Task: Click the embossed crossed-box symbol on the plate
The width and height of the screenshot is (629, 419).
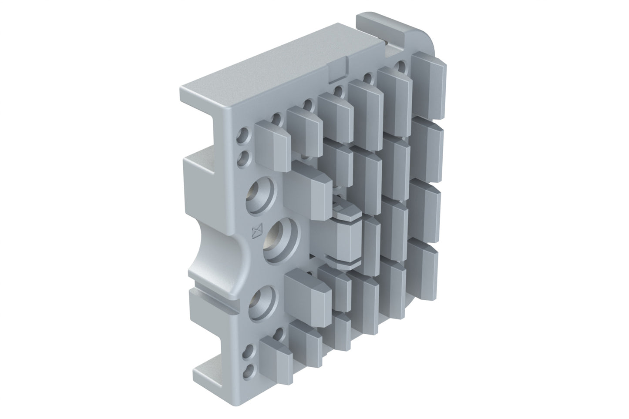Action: click(259, 231)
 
